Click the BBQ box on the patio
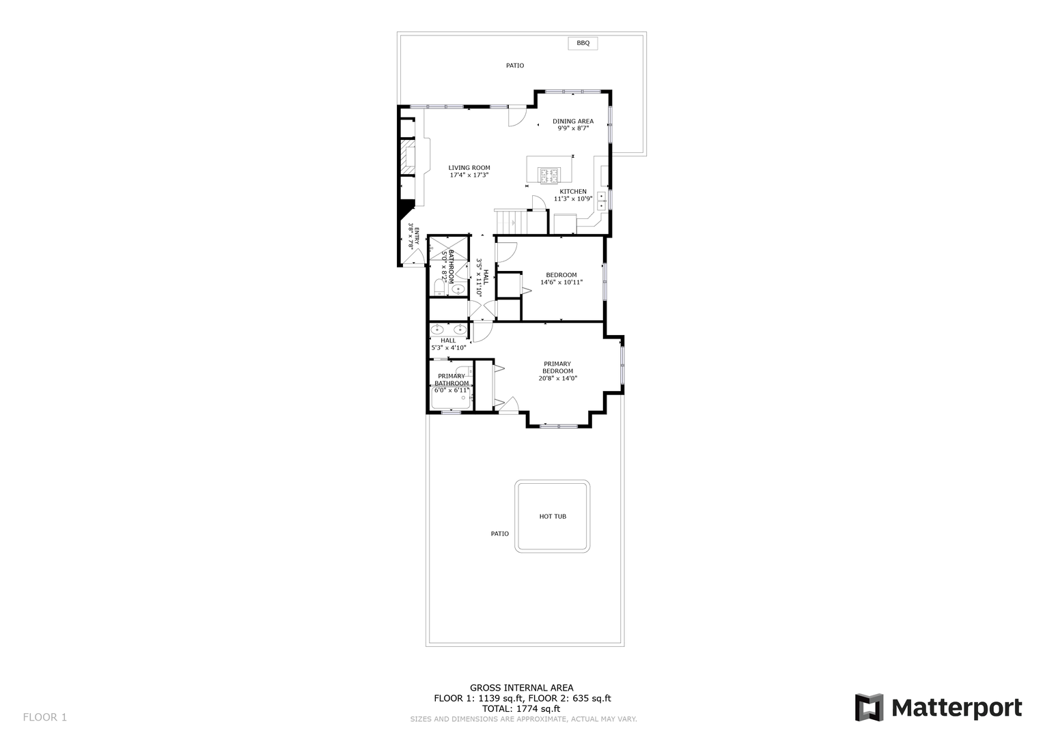pos(583,43)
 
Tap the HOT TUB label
pos(553,517)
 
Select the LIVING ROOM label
pos(469,168)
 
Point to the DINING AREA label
pos(573,121)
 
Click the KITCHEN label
pos(572,192)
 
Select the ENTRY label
pos(416,236)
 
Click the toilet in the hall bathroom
pos(439,287)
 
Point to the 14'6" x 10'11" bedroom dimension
pos(561,282)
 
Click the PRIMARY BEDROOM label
pos(557,368)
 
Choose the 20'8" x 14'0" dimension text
pos(558,378)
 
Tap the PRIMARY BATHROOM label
pos(451,379)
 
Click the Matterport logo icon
pos(869,707)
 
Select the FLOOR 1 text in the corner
pos(44,717)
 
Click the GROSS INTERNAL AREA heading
pos(522,688)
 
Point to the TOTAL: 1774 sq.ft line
pos(521,708)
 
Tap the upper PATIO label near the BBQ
pos(515,66)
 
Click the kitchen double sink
pos(602,201)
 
